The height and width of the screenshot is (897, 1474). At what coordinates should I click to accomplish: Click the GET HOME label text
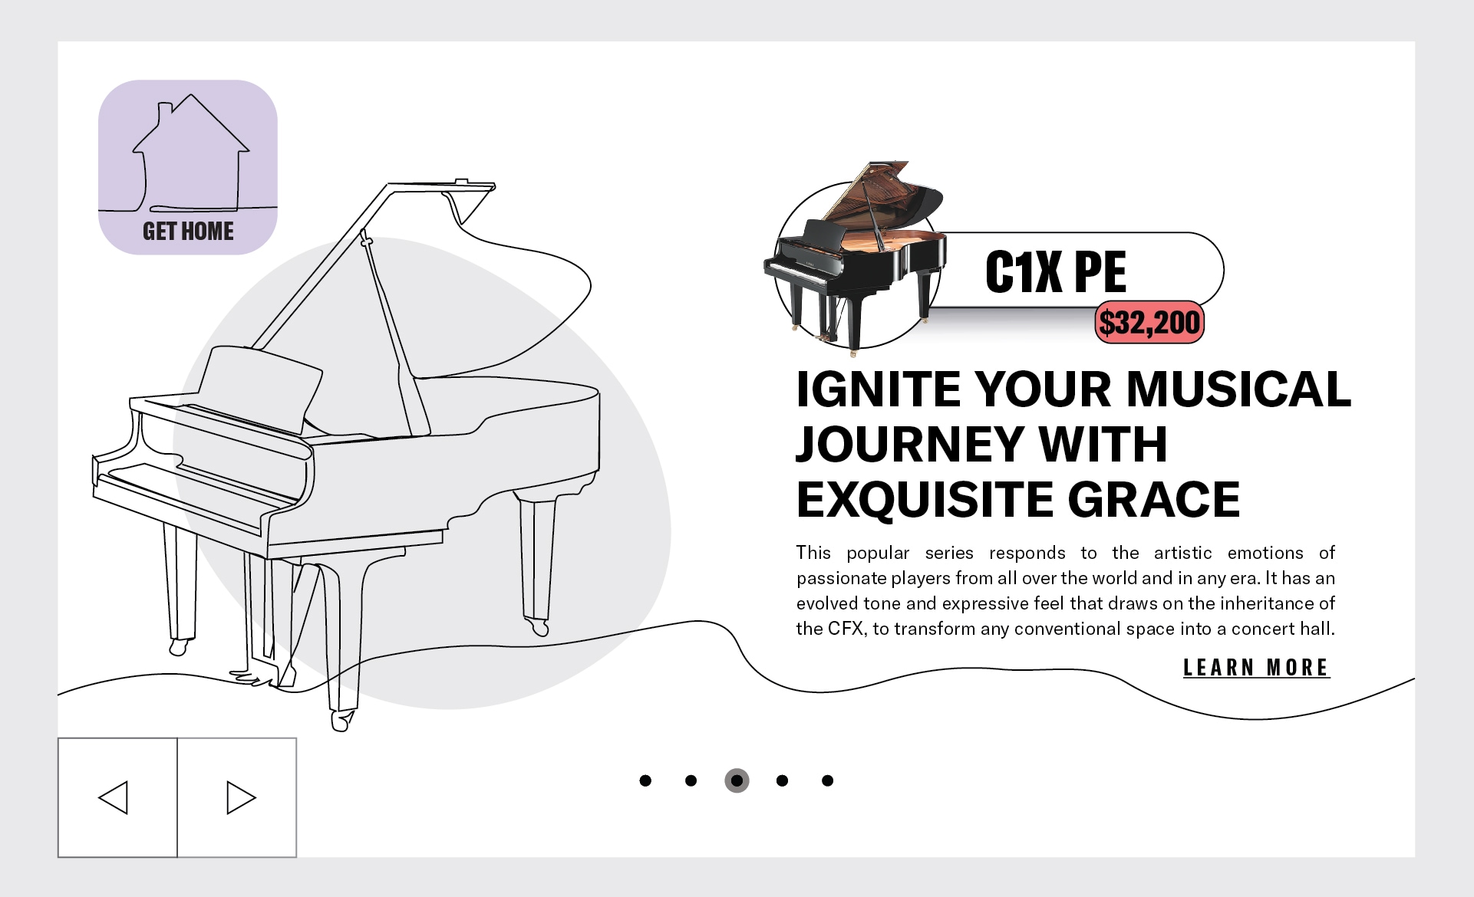coord(188,231)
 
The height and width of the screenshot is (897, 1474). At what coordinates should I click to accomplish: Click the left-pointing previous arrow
coord(114,797)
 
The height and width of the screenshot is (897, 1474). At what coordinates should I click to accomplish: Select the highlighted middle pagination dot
coord(737,780)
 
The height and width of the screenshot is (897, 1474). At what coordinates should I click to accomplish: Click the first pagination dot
coord(645,780)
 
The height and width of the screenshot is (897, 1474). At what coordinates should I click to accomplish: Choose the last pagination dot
coord(827,780)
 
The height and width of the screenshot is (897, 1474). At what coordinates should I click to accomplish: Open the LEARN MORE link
coord(1256,668)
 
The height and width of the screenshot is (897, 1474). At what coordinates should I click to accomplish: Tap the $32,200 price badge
coord(1149,322)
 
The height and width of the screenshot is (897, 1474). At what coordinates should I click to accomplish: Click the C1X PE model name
coord(1056,271)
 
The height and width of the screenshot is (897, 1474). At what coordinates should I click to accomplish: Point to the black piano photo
coord(853,258)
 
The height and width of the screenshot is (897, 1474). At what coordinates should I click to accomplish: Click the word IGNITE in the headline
coord(879,389)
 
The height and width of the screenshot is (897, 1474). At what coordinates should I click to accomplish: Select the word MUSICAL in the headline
coord(1238,389)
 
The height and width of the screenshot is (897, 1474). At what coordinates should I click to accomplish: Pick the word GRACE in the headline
coord(1154,500)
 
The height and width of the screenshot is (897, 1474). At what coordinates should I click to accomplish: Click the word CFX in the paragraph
coord(847,629)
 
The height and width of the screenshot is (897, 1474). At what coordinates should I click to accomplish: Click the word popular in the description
coord(878,554)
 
